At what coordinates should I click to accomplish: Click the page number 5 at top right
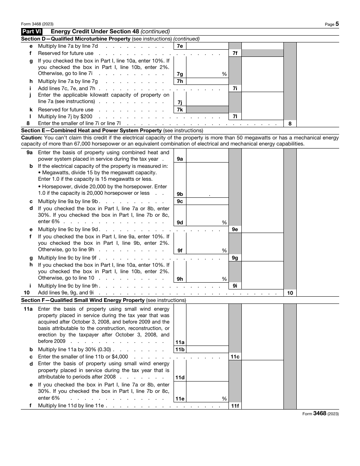(337, 24)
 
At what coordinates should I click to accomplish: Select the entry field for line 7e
(207, 46)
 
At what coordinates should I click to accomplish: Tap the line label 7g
(180, 74)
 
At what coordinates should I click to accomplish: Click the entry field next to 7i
(262, 88)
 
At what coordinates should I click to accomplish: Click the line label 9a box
(180, 159)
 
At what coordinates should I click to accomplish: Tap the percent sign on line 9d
(224, 223)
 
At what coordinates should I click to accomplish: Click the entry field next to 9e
(262, 229)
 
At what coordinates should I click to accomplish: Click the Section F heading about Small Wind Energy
(103, 300)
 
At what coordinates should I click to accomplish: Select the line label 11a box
(180, 342)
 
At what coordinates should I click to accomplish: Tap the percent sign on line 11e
(224, 399)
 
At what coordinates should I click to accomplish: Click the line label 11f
(235, 406)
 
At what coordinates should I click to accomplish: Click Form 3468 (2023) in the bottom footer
(320, 414)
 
